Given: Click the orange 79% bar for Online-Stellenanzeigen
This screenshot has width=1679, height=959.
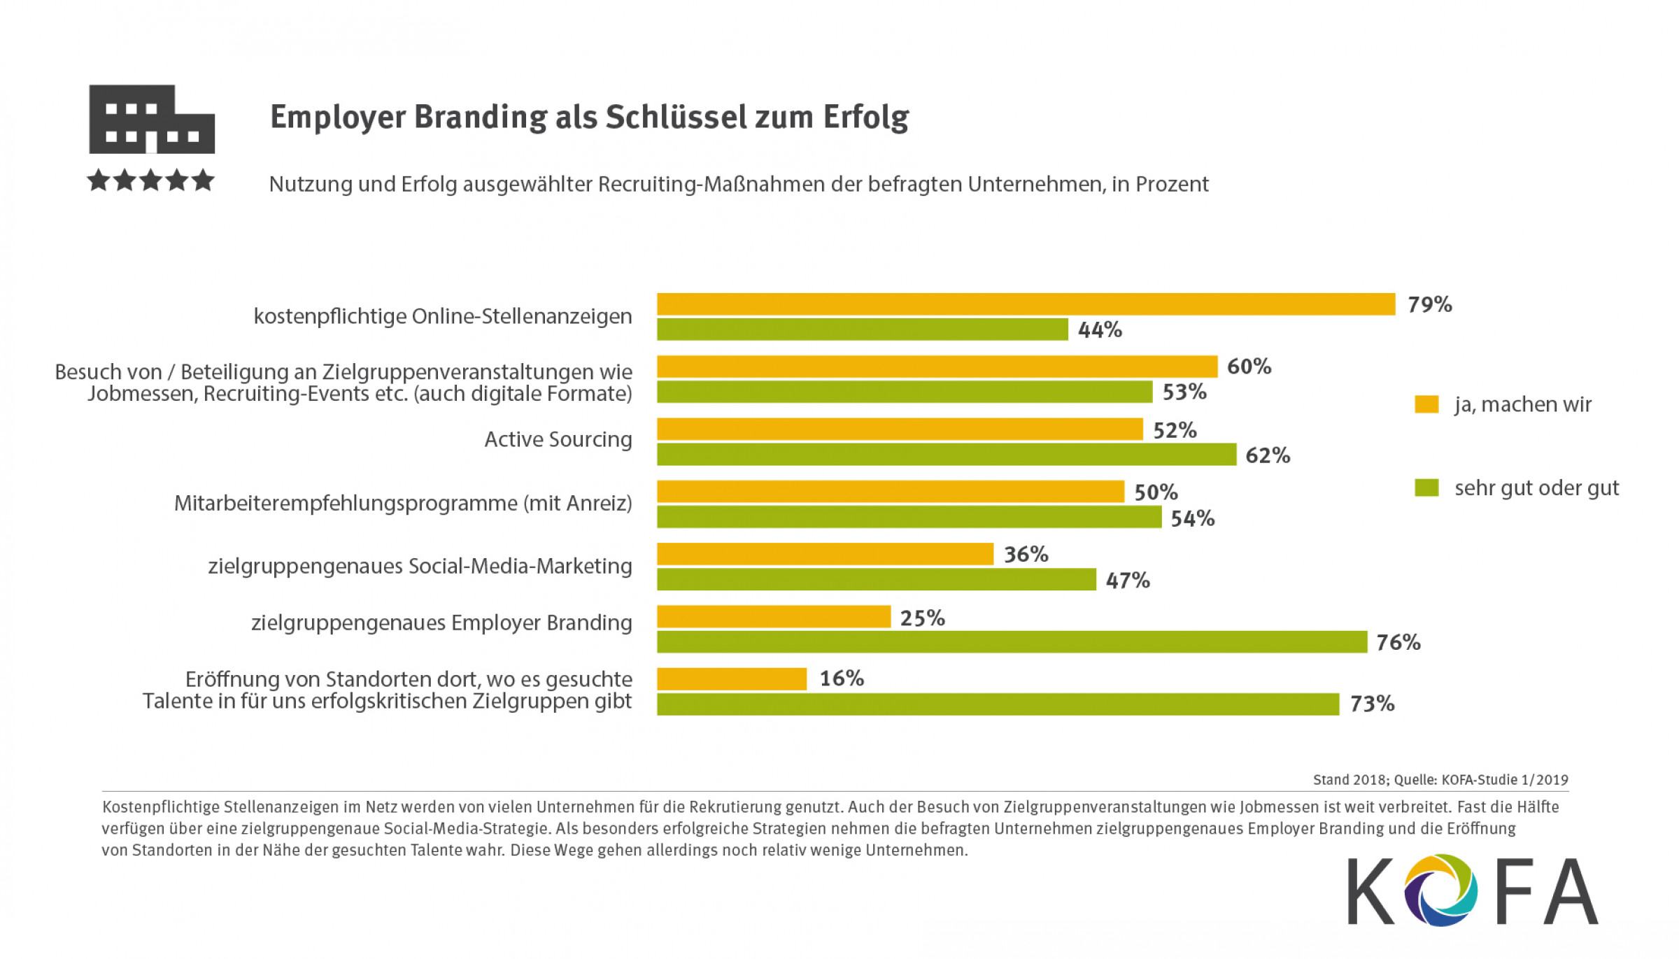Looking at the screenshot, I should (x=1026, y=304).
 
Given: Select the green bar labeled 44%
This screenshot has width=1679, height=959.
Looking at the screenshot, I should (x=862, y=329).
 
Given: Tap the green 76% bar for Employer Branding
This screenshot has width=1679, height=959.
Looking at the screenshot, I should (x=1012, y=642).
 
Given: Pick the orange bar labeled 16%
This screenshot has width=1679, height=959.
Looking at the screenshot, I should (x=732, y=679).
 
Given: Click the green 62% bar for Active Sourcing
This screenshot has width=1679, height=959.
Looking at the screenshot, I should (x=946, y=455).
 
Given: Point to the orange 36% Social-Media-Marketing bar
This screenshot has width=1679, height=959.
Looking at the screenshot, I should (x=825, y=554).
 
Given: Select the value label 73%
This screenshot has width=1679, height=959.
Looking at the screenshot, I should (x=1372, y=704).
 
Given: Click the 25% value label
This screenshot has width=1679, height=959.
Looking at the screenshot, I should (x=922, y=618).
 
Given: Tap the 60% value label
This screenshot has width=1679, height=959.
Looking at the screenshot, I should (x=1249, y=367).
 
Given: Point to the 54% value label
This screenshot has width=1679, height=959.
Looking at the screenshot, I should (x=1192, y=518).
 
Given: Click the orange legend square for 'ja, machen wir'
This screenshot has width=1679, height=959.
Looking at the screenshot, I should (x=1426, y=404).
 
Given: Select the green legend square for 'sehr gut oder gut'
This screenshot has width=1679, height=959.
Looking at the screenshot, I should (x=1426, y=488).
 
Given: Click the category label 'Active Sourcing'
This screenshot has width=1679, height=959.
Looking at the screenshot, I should (x=558, y=439).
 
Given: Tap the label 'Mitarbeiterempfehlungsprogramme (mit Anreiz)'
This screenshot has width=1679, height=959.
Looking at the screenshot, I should (x=403, y=503).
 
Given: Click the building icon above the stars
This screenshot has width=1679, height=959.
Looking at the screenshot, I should (x=151, y=119).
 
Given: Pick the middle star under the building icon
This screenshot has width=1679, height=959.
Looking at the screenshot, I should (x=150, y=180).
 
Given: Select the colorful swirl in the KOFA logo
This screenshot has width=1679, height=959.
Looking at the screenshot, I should (x=1442, y=890).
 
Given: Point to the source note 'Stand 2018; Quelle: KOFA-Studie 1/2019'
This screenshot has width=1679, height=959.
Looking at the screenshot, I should (x=1440, y=780).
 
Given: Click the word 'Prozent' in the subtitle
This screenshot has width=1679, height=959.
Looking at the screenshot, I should (x=1172, y=184).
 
